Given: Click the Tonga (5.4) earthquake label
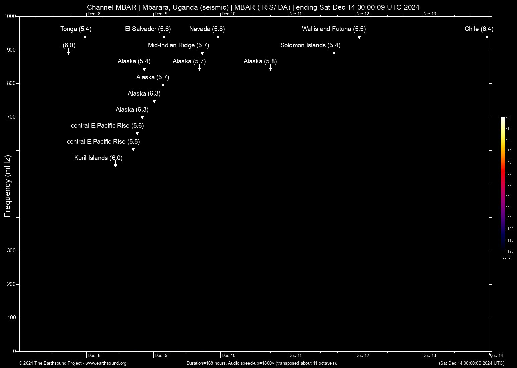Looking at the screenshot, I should point(76,29).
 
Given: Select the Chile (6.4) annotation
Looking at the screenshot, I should point(478,29).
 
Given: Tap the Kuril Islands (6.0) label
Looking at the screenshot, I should point(98,158).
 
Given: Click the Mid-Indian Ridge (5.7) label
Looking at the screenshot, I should point(178,45).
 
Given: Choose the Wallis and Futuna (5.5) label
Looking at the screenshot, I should point(334,29).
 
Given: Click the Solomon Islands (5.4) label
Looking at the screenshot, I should point(310,45).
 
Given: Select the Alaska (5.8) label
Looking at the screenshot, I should point(260,61).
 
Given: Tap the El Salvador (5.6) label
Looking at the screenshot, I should point(148,29).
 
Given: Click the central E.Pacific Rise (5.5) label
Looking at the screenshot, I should point(103,142).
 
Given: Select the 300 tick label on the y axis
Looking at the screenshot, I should point(11,251).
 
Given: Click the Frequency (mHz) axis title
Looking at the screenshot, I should point(7,186).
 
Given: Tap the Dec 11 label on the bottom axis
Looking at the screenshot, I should point(295,355).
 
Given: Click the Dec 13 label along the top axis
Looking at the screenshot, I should point(429,14).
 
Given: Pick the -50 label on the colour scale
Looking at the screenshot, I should point(509,173).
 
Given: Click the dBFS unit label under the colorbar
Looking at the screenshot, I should point(506,257).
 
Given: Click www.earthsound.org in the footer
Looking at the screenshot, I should point(106,363).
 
